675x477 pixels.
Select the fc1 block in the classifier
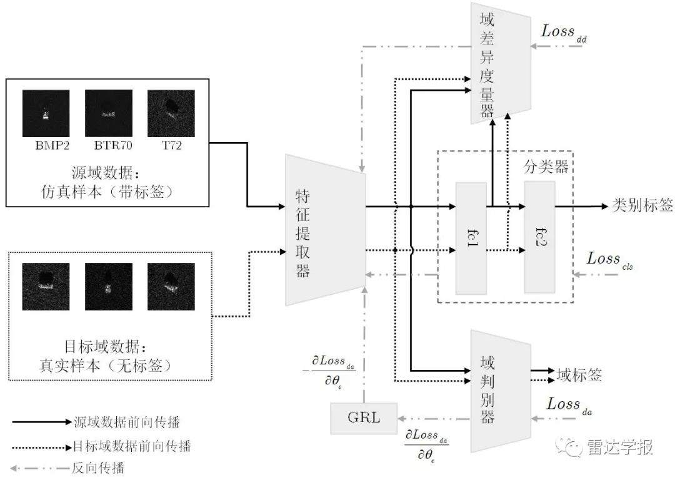pyautogui.click(x=471, y=238)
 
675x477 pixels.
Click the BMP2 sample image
pyautogui.click(x=46, y=113)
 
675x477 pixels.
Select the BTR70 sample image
pyautogui.click(x=109, y=113)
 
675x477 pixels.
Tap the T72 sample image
pyautogui.click(x=171, y=113)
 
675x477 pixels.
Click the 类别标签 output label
pyautogui.click(x=641, y=205)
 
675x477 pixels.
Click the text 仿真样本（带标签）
pyautogui.click(x=106, y=193)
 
